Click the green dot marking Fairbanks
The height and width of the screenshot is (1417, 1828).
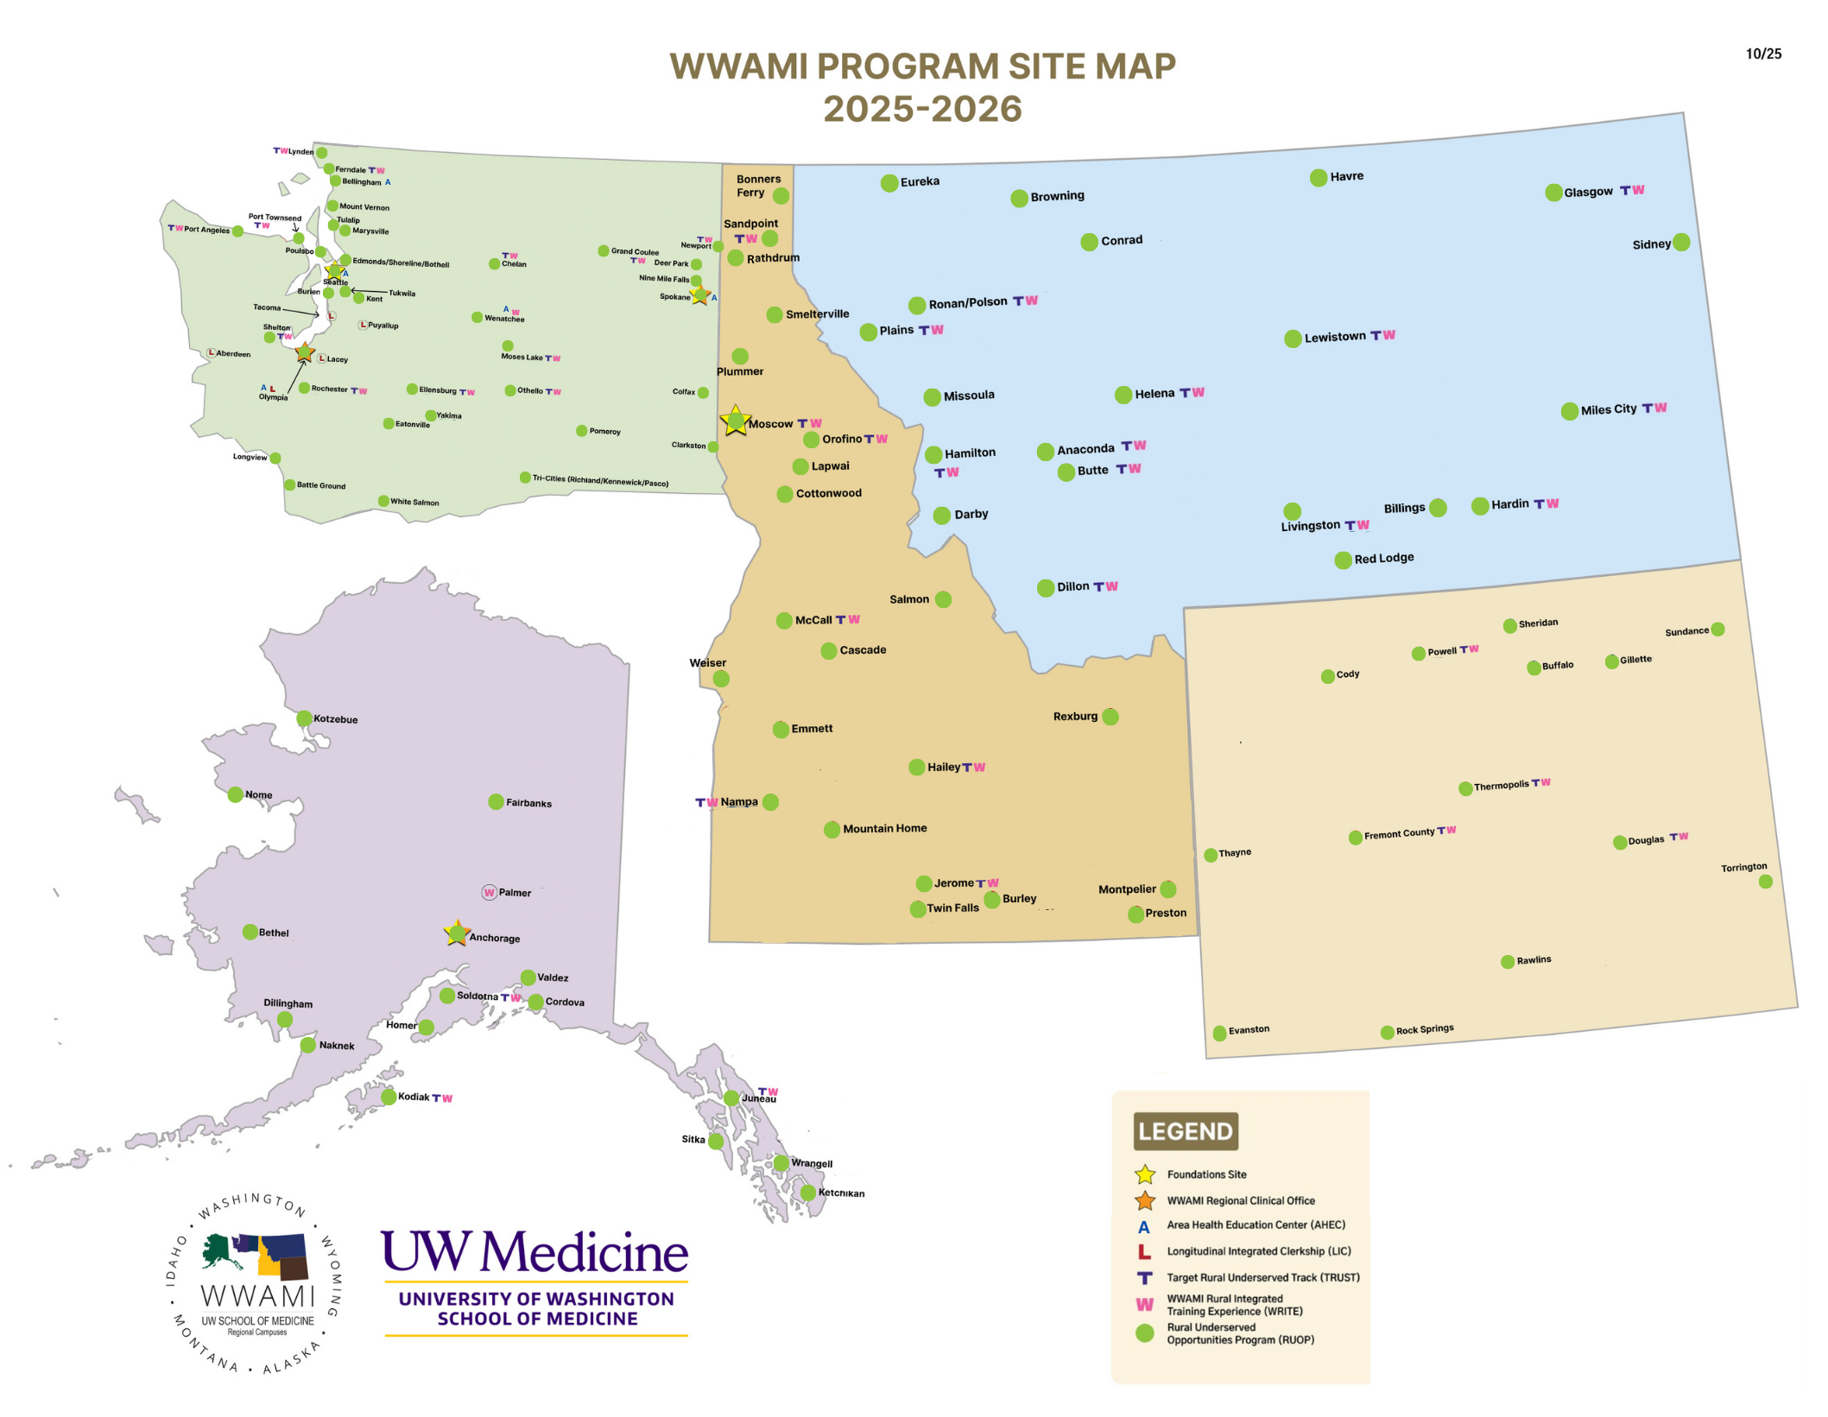click(x=496, y=802)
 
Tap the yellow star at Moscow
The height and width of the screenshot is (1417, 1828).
click(x=735, y=421)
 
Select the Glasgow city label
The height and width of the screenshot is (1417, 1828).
click(x=1587, y=192)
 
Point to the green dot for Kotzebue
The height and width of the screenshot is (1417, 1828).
click(x=304, y=718)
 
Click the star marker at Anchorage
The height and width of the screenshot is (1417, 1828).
click(x=456, y=933)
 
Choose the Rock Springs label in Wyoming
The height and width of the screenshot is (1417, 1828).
click(x=1424, y=1029)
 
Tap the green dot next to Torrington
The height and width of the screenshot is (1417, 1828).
click(x=1765, y=882)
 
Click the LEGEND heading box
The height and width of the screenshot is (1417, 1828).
click(x=1185, y=1131)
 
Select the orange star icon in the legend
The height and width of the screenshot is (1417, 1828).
click(x=1144, y=1201)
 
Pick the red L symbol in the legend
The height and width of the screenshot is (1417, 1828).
click(x=1144, y=1252)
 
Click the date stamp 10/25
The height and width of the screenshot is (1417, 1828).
click(x=1762, y=54)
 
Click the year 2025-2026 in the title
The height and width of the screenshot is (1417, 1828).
click(x=921, y=110)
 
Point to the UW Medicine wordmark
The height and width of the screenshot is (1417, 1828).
click(x=534, y=1252)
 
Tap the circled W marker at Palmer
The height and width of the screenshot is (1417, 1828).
click(x=489, y=893)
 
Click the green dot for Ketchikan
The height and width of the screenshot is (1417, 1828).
click(x=807, y=1192)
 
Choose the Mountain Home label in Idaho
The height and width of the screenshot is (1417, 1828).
click(x=884, y=828)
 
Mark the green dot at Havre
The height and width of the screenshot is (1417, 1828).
click(x=1318, y=178)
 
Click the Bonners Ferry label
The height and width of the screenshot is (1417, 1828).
click(x=756, y=186)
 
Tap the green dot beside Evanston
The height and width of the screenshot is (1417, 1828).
click(x=1219, y=1033)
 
